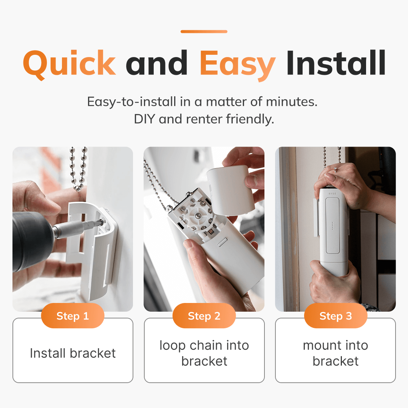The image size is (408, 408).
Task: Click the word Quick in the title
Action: click(70, 63)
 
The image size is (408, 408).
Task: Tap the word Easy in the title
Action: click(237, 63)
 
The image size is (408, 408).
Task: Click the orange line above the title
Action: click(204, 32)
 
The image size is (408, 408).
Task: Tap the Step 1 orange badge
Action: click(73, 316)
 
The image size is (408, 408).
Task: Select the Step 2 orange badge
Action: click(204, 316)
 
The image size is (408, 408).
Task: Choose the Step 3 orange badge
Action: click(335, 316)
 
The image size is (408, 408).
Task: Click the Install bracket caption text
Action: click(73, 353)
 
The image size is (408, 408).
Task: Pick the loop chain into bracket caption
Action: click(204, 353)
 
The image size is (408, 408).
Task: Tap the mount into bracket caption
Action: click(335, 353)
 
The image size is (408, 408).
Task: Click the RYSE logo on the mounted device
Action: click(332, 193)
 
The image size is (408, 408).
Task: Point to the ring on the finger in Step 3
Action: click(335, 169)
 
